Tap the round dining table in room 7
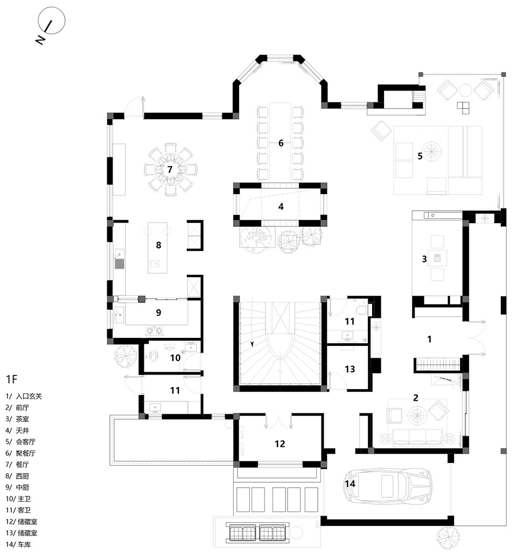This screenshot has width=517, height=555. click(x=170, y=169)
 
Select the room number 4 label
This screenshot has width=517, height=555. click(x=281, y=206)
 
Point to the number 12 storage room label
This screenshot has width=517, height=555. click(x=280, y=443)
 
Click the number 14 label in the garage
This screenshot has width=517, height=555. click(x=350, y=483)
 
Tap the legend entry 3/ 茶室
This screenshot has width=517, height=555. click(x=17, y=419)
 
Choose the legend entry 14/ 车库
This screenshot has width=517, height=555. click(x=18, y=544)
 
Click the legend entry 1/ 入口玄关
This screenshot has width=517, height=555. click(x=24, y=397)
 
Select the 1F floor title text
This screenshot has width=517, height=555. click(x=11, y=379)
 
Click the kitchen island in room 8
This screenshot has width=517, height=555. click(x=157, y=248)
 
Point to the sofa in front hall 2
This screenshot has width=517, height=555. click(x=417, y=437)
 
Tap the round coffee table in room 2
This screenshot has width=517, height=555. click(x=417, y=415)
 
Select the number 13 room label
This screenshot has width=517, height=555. click(x=350, y=369)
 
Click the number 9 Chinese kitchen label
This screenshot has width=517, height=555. click(x=158, y=312)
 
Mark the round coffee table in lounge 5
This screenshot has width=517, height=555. click(x=432, y=151)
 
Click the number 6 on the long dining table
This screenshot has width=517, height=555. click(x=281, y=143)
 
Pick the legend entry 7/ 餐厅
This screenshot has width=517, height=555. click(x=17, y=464)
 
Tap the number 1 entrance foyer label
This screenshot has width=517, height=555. click(x=429, y=339)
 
